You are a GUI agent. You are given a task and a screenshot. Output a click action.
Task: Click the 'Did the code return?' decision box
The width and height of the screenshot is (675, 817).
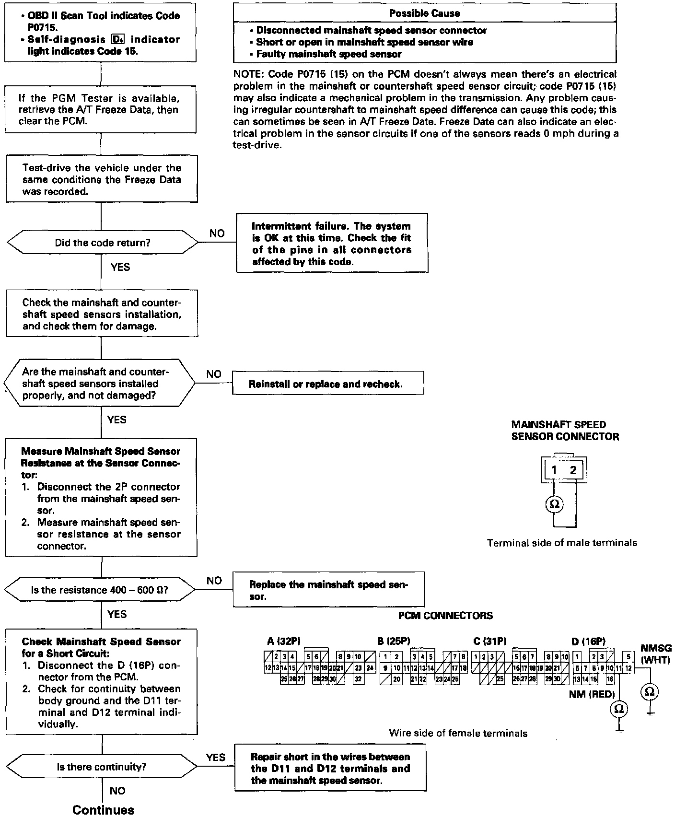coord(102,243)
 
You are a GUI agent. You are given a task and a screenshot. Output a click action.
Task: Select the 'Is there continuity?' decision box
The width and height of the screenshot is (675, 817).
coord(102,767)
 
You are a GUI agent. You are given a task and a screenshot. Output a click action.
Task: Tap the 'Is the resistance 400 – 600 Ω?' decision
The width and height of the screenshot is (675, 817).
coord(100,590)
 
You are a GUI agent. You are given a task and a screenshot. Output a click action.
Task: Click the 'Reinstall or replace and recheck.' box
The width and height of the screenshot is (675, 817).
coord(328,384)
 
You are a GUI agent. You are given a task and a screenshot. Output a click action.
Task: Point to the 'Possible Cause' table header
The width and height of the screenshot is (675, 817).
coord(424,13)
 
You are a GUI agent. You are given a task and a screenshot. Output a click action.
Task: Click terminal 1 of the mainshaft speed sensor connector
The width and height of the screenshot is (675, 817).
coord(554,470)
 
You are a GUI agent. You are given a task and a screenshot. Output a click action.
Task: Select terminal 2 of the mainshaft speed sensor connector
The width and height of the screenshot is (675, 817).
coord(573,470)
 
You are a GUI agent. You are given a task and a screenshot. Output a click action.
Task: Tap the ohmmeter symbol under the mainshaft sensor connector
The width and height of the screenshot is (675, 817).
coord(554,504)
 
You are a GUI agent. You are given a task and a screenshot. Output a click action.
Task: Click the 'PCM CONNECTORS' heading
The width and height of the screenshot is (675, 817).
coord(445,615)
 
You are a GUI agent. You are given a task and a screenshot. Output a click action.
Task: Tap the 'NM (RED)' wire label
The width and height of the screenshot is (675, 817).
coord(592,693)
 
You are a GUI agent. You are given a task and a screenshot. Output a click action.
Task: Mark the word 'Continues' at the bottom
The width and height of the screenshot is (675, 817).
coord(104,810)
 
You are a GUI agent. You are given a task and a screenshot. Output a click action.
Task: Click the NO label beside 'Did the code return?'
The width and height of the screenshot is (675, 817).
coord(217,233)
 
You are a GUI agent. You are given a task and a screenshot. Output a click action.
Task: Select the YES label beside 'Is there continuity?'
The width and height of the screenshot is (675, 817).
coord(215,757)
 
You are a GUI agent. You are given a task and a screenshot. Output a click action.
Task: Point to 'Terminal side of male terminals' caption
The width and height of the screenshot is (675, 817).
coord(562,543)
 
